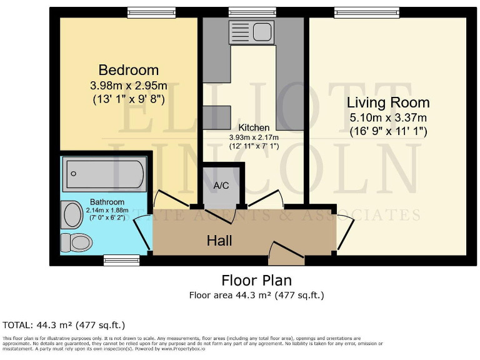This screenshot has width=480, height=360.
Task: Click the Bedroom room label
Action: [128, 69]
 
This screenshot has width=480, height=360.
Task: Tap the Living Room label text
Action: [388, 102]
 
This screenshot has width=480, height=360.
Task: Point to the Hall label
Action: [220, 241]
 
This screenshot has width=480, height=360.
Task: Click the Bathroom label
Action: [107, 202]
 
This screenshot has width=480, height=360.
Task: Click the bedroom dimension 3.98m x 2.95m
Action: [128, 85]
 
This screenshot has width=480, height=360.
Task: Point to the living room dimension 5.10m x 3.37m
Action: [388, 117]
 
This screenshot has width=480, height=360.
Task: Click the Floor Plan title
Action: [256, 280]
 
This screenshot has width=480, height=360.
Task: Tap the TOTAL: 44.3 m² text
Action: [64, 325]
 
